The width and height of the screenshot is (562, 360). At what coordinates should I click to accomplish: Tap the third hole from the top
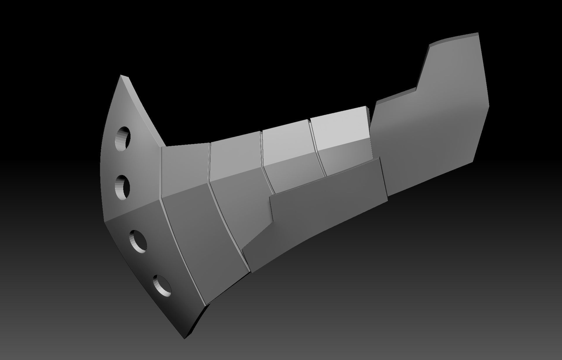coord(138,241)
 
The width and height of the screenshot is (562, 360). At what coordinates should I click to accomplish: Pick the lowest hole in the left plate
coord(162,285)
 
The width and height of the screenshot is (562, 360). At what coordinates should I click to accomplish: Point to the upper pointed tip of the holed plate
coord(121,76)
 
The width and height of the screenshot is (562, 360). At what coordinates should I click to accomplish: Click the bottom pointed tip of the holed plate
coord(185,338)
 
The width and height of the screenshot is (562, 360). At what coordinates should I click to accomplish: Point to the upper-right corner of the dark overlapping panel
coord(379,158)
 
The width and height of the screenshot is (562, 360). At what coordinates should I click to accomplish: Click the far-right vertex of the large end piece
coord(489,106)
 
